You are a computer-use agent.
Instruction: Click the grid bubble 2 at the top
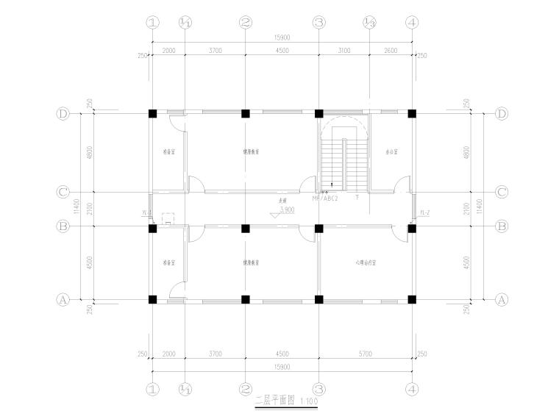pyautogui.click(x=246, y=23)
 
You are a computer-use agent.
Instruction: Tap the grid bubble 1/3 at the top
pyautogui.click(x=369, y=23)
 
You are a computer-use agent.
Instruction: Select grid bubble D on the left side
pyautogui.click(x=63, y=114)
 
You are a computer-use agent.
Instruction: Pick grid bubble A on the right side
pyautogui.click(x=502, y=300)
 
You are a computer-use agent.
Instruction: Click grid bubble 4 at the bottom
pyautogui.click(x=412, y=389)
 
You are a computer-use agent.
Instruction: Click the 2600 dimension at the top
pyautogui.click(x=391, y=51)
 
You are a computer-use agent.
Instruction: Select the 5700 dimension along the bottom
pyautogui.click(x=366, y=354)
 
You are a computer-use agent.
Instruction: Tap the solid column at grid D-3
pyautogui.click(x=319, y=114)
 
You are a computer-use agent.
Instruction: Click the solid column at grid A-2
pyautogui.click(x=246, y=300)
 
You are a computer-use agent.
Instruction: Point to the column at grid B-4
pyautogui.click(x=412, y=228)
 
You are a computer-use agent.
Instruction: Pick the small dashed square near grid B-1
pyautogui.click(x=167, y=218)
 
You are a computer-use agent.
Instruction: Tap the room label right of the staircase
pyautogui.click(x=391, y=153)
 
